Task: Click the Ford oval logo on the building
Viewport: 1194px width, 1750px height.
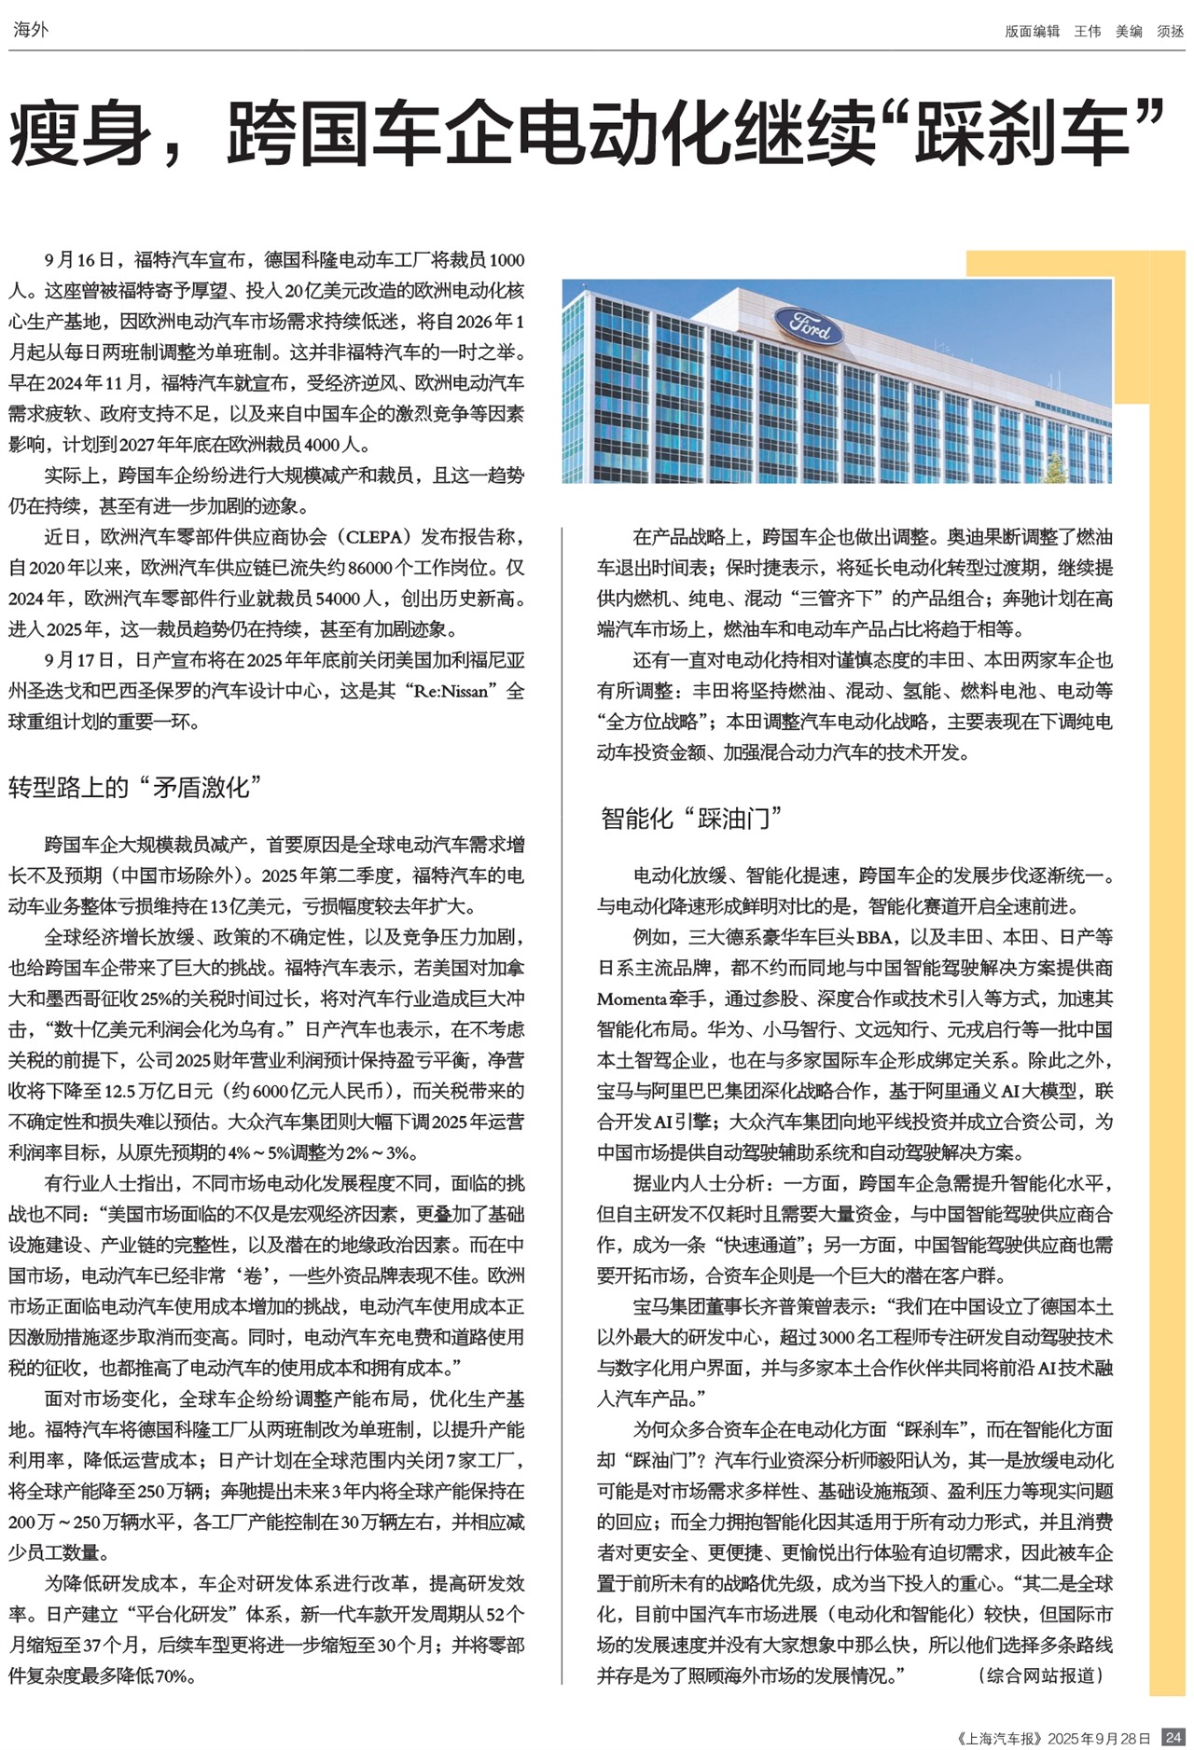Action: [810, 326]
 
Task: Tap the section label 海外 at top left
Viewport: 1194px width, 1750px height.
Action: [31, 30]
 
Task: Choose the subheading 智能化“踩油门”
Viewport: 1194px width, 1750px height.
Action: [691, 819]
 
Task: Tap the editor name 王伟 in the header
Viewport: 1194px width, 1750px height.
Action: [1087, 32]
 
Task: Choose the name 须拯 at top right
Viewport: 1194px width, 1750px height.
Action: [1170, 32]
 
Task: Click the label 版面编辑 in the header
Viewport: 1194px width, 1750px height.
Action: [1032, 32]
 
